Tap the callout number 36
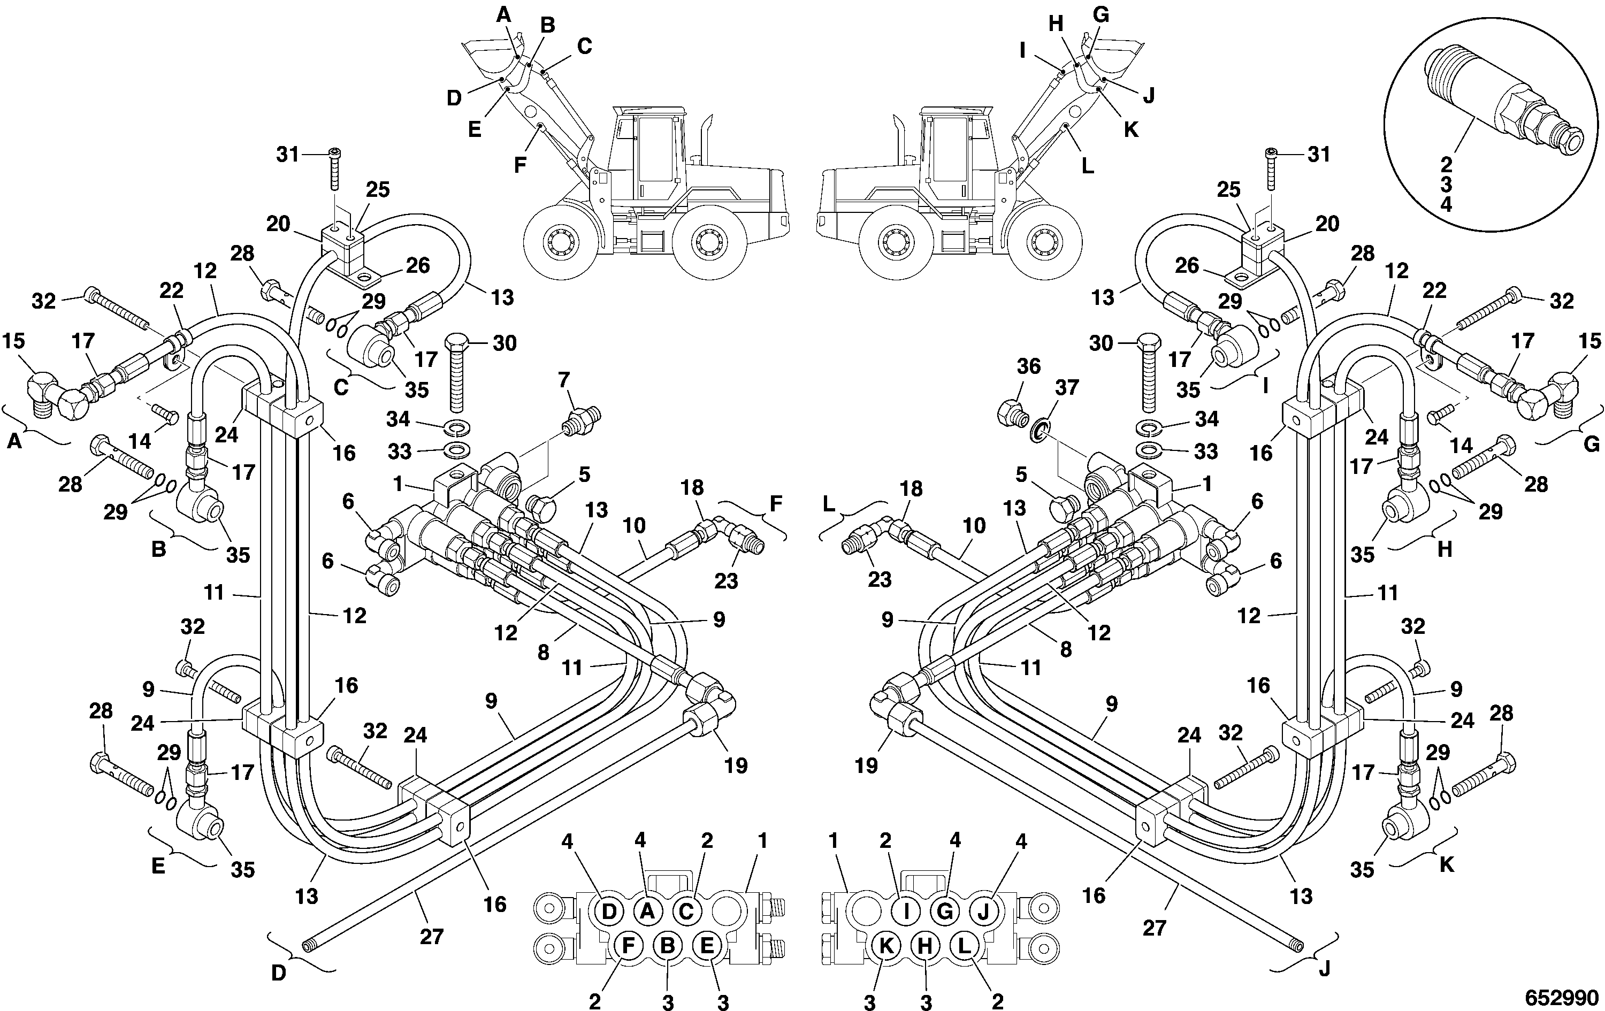[x=1028, y=366]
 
